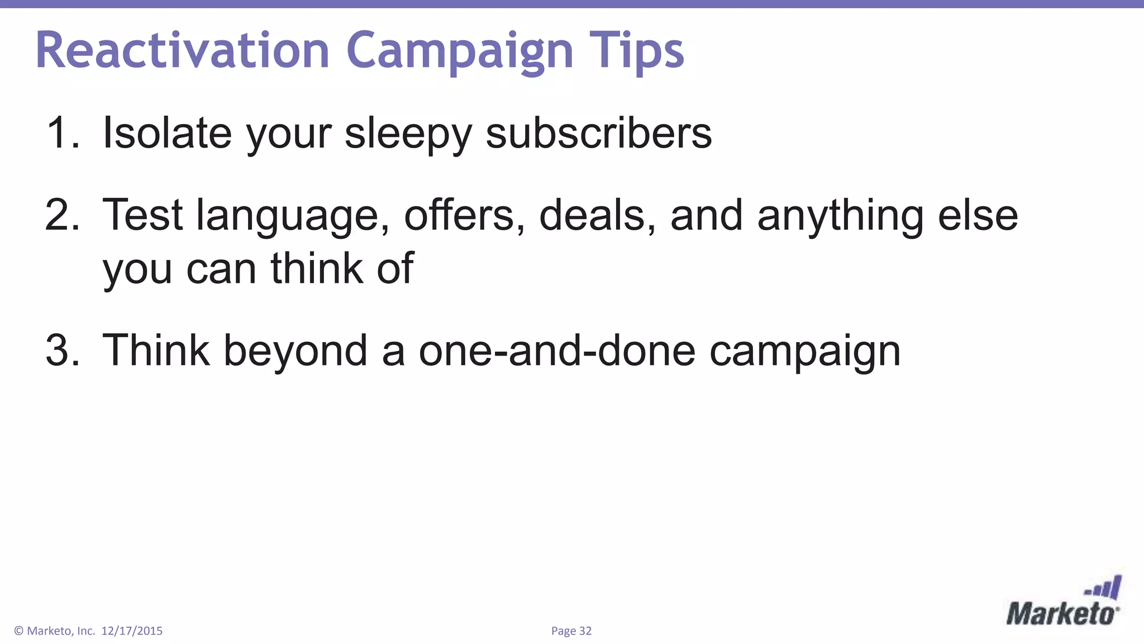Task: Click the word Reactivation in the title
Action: tap(182, 50)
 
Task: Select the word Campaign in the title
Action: tap(460, 51)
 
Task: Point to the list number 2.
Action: tap(63, 215)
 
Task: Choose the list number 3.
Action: tap(63, 351)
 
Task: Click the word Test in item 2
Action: tap(142, 215)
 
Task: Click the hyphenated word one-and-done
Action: tap(557, 351)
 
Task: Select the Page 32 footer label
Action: tap(571, 631)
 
